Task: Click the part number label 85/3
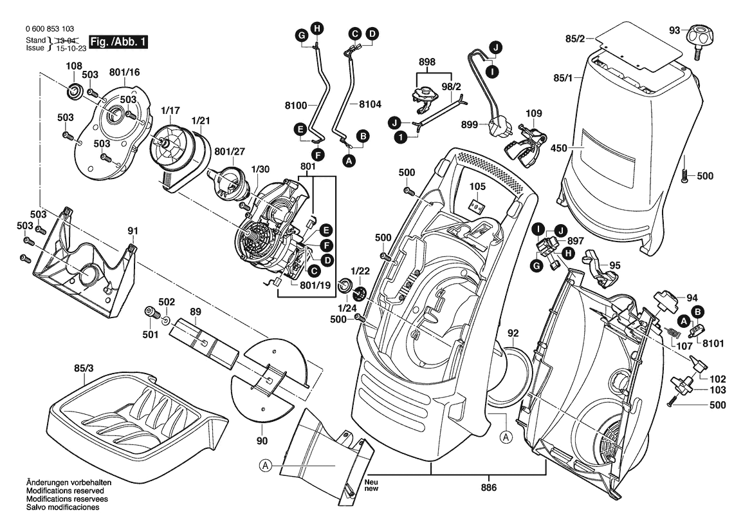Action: tap(84, 369)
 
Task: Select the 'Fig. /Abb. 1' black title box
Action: tap(118, 42)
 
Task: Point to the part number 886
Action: tap(489, 488)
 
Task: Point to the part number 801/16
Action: tap(125, 72)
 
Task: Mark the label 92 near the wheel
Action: tap(513, 333)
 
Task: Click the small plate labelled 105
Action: tap(476, 205)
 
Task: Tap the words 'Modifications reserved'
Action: tap(67, 491)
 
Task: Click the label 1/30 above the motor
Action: tap(260, 169)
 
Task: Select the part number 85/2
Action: tap(575, 40)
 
